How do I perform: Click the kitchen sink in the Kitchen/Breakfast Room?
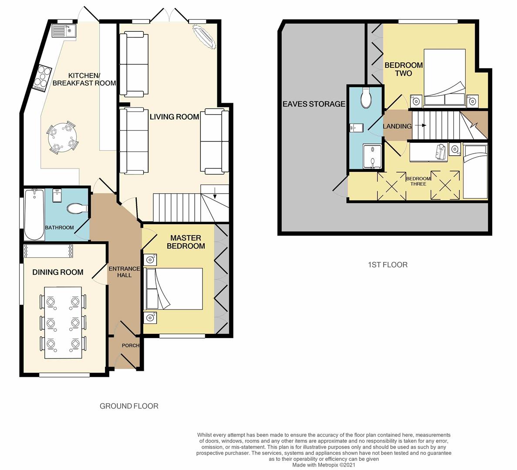pyautogui.click(x=64, y=30)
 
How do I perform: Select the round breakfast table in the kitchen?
pyautogui.click(x=61, y=138)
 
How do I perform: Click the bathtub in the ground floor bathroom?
pyautogui.click(x=34, y=214)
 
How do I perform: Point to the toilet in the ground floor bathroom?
pyautogui.click(x=77, y=209)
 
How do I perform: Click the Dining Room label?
pyautogui.click(x=57, y=272)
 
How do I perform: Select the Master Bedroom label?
pyautogui.click(x=186, y=242)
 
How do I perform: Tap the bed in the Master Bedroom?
pyautogui.click(x=175, y=289)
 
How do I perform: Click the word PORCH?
pyautogui.click(x=130, y=346)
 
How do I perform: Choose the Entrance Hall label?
pyautogui.click(x=118, y=272)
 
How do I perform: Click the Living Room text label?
pyautogui.click(x=174, y=117)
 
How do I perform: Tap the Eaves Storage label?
pyautogui.click(x=314, y=104)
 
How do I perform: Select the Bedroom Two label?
pyautogui.click(x=403, y=69)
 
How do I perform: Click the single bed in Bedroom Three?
pyautogui.click(x=475, y=172)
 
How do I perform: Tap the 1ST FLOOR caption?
pyautogui.click(x=388, y=265)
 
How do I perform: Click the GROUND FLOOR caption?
pyautogui.click(x=129, y=406)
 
